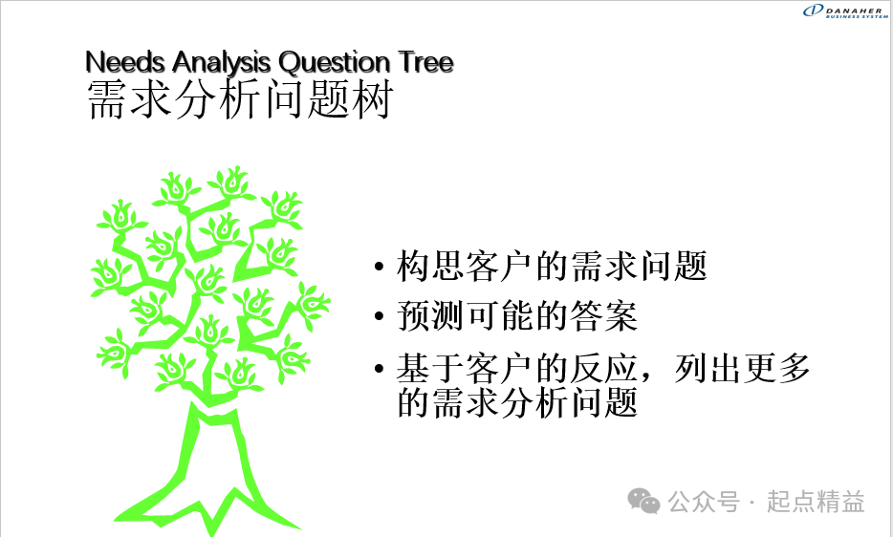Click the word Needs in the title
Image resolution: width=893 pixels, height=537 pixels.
click(125, 61)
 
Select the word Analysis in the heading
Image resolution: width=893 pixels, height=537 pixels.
click(222, 63)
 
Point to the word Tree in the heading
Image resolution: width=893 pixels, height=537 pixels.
click(426, 61)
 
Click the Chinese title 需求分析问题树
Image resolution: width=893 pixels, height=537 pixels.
click(240, 99)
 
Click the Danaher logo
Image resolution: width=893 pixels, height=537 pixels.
click(845, 11)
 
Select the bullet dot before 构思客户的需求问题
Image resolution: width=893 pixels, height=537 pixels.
click(380, 266)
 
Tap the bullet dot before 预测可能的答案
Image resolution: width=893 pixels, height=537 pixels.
click(380, 316)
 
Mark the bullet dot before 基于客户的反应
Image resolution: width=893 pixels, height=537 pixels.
click(380, 369)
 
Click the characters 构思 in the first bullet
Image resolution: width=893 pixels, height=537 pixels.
click(431, 266)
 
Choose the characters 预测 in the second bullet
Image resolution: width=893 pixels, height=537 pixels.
click(431, 316)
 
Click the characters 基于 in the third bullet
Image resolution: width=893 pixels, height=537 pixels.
click(431, 369)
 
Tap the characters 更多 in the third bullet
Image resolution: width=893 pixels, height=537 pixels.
click(776, 369)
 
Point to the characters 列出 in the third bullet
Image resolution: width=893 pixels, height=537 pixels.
click(708, 369)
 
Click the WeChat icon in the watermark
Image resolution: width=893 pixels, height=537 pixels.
click(643, 501)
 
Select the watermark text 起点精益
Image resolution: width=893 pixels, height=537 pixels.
click(816, 502)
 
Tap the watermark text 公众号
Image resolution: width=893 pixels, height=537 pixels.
click(704, 502)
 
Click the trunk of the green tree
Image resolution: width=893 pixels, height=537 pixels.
click(213, 456)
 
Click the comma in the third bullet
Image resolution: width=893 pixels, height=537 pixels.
click(645, 377)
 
